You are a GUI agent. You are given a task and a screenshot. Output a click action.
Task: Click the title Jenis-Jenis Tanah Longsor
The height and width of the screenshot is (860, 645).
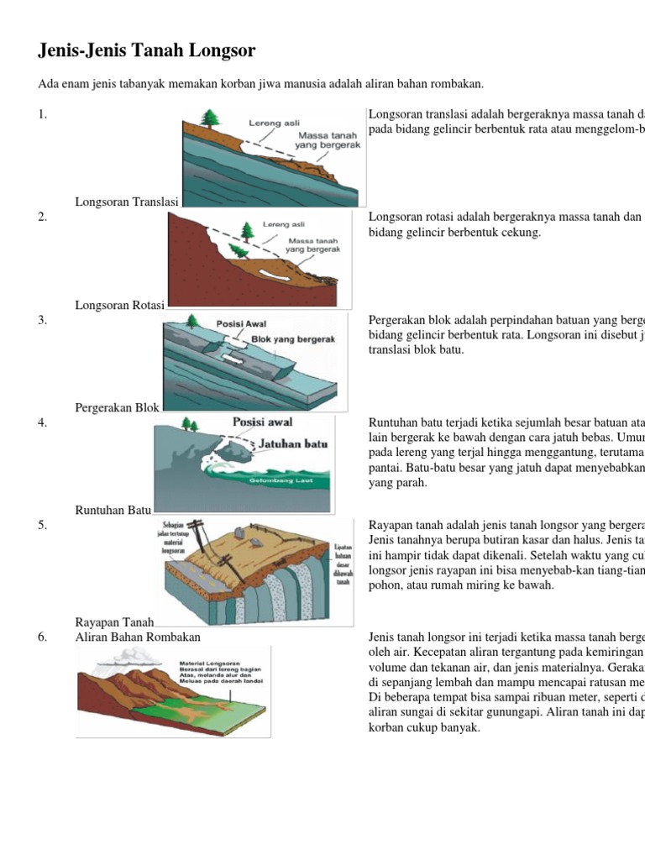pyautogui.click(x=147, y=51)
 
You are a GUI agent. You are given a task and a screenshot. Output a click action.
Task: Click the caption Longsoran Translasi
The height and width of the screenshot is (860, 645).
pyautogui.click(x=127, y=202)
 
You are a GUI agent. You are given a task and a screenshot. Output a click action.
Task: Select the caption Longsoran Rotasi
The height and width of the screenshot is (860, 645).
pyautogui.click(x=120, y=305)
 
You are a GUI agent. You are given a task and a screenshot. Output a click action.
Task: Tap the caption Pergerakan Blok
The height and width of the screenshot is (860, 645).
pyautogui.click(x=118, y=407)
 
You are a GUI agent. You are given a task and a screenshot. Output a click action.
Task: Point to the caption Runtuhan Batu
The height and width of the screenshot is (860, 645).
pyautogui.click(x=113, y=510)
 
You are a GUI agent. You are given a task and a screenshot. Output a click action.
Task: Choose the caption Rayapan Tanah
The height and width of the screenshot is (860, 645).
pyautogui.click(x=115, y=622)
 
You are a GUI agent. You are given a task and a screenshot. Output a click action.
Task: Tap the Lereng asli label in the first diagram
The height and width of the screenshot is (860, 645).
pyautogui.click(x=274, y=123)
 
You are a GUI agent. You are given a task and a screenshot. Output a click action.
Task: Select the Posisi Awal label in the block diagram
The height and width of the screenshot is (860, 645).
pyautogui.click(x=241, y=323)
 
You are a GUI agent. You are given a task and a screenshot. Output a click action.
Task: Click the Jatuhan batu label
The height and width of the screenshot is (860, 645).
pyautogui.click(x=293, y=443)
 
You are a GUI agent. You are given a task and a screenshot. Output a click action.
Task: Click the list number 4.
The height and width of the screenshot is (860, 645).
pyautogui.click(x=42, y=422)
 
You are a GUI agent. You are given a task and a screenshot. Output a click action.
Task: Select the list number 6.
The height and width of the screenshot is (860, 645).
pyautogui.click(x=42, y=637)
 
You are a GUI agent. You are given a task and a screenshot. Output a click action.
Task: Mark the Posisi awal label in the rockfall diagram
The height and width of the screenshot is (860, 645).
pyautogui.click(x=262, y=422)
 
